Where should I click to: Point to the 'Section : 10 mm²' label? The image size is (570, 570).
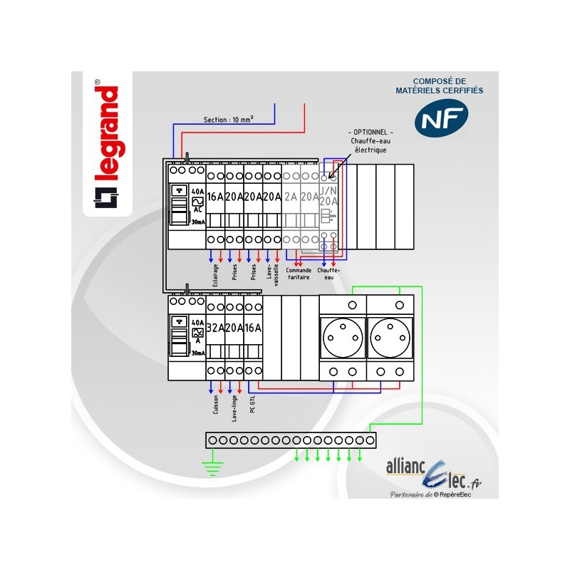tap(229, 120)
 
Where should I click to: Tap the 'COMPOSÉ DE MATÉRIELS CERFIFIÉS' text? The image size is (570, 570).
tap(439, 86)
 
